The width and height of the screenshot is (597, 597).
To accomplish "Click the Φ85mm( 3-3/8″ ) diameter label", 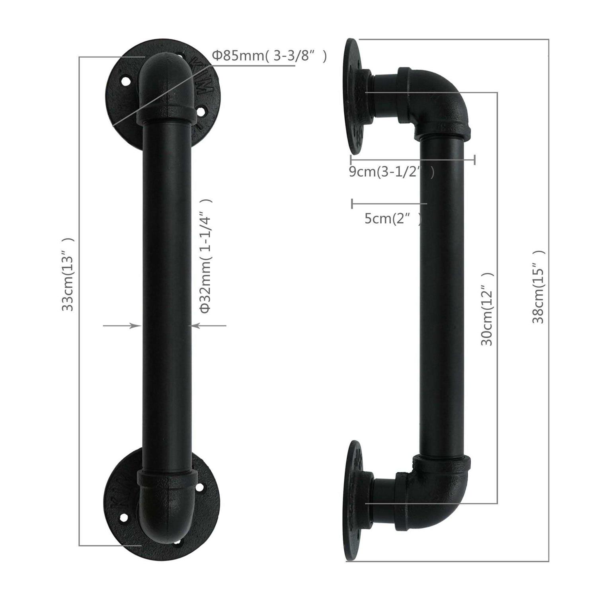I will [x=269, y=56].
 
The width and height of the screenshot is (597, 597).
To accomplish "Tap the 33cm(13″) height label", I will [x=68, y=274].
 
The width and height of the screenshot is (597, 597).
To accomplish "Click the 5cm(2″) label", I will [x=392, y=219].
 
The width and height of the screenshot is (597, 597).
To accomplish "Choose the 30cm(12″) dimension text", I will [x=487, y=309].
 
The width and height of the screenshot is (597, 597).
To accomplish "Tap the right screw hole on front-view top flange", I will [x=201, y=111].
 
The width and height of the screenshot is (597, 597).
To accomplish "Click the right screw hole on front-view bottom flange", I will [x=199, y=486].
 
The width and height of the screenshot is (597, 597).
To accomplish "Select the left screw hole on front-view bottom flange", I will [x=124, y=517].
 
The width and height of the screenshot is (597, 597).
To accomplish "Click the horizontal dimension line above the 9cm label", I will [x=412, y=160].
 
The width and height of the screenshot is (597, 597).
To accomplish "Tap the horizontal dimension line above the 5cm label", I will [x=389, y=204].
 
